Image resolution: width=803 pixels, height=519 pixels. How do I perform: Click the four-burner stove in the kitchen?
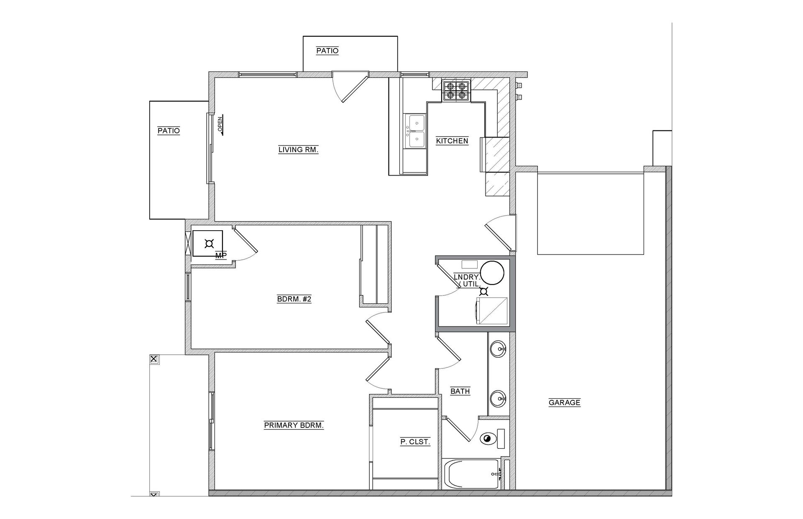click(456, 91)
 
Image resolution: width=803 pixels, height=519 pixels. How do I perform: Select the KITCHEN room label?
click(452, 141)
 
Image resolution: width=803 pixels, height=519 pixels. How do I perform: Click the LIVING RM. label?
click(298, 149)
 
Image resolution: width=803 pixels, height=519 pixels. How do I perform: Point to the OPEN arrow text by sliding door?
click(220, 125)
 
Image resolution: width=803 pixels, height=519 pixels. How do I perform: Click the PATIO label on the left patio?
click(169, 131)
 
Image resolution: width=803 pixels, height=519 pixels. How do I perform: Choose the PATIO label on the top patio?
click(327, 51)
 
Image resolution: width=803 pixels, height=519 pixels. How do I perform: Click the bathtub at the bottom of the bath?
click(472, 474)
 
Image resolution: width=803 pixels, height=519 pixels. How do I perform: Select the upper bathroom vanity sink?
click(498, 349)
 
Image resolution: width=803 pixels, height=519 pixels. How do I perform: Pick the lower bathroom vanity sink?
click(498, 398)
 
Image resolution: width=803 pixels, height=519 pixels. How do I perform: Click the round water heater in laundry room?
click(492, 272)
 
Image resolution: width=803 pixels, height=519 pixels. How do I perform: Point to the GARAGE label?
click(564, 402)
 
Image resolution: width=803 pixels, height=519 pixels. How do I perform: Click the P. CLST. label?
click(415, 442)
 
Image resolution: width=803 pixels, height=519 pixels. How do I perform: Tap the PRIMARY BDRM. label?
click(294, 425)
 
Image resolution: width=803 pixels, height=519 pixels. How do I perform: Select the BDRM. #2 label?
click(294, 299)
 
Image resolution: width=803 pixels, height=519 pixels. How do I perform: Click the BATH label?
click(460, 392)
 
